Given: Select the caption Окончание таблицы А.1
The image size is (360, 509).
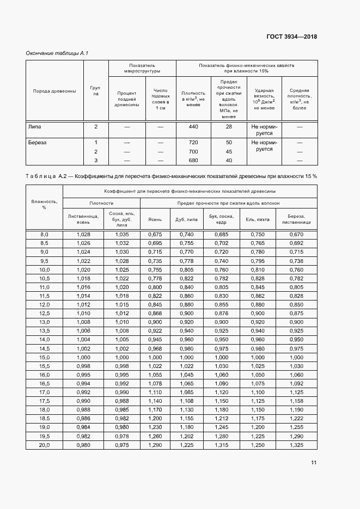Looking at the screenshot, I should (x=57, y=53).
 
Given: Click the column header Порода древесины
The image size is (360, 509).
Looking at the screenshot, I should (x=54, y=90).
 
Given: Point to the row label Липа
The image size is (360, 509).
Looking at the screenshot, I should (x=34, y=126).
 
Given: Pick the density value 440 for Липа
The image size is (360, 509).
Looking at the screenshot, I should (x=193, y=126).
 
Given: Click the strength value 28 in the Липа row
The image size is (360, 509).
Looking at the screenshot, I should (x=228, y=126).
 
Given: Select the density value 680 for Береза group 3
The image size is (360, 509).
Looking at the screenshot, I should (x=193, y=160).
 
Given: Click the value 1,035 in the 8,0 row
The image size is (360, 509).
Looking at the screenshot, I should (x=122, y=234).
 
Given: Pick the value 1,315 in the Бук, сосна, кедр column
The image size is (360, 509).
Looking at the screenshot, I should (x=221, y=445).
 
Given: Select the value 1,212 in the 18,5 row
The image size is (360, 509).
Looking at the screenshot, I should (x=221, y=419).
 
